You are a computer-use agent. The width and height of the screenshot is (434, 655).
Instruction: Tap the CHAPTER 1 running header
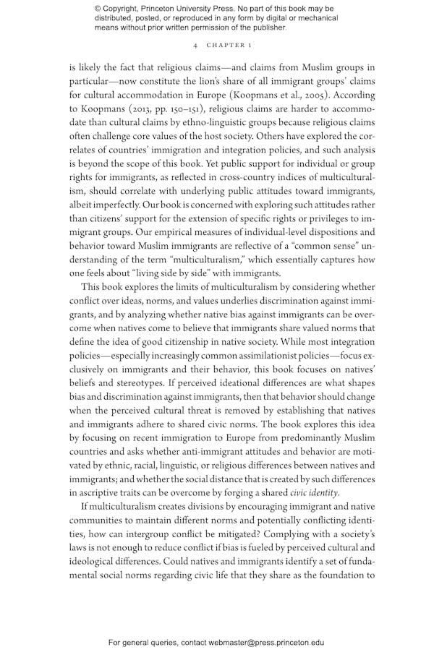click(229, 45)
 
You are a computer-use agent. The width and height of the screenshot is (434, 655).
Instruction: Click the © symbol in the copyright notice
click(98, 8)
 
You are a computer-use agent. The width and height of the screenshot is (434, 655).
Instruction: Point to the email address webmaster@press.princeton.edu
click(256, 642)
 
